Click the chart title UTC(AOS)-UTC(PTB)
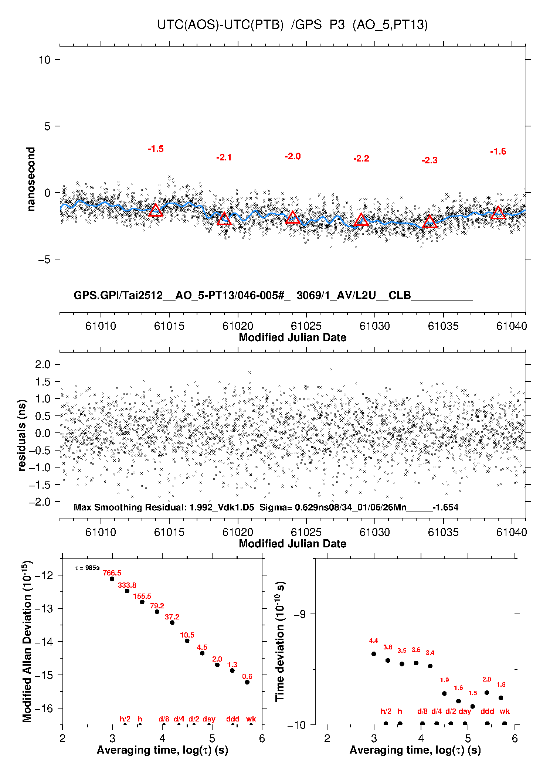220,25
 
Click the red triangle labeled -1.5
156,211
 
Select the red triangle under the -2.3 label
430,222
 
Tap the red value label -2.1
224,157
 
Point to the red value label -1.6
498,152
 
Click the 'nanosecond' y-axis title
31,179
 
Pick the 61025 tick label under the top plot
306,326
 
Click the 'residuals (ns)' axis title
22,435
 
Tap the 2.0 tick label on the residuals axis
43,364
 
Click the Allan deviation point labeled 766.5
112,579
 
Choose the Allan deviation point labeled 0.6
247,682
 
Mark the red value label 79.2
157,606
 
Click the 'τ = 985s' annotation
87,568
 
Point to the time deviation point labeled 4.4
374,654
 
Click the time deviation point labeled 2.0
487,693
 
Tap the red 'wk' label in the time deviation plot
505,711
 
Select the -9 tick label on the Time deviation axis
299,614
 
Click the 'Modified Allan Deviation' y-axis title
27,641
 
